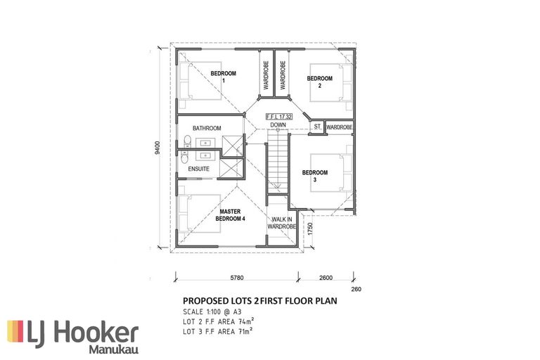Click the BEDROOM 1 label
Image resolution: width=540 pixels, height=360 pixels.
224,77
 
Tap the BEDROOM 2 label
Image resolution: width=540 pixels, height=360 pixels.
319,82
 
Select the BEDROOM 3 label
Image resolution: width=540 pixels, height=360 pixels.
315,175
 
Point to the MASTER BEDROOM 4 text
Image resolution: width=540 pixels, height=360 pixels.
231,214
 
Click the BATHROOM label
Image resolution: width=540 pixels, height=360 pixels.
207,128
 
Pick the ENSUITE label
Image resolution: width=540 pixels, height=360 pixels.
200,169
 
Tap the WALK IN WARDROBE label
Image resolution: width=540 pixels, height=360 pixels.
279,224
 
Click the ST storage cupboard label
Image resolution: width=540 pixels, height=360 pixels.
317,127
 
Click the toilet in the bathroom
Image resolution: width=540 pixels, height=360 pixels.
185,142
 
